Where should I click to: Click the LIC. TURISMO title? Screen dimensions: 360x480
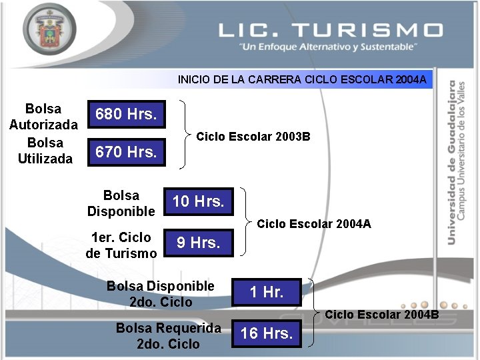330,30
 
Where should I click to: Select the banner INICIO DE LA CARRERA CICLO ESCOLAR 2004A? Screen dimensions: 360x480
302,80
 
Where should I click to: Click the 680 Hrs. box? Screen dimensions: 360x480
126,115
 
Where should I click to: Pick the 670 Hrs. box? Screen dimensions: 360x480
126,152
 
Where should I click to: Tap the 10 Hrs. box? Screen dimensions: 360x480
198,201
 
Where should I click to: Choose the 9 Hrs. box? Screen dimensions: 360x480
198,243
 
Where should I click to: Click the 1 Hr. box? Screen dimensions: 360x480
267,292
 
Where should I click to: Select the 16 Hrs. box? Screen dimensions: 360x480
267,334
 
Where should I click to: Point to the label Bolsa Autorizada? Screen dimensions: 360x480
43,117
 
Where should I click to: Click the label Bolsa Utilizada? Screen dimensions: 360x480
45,151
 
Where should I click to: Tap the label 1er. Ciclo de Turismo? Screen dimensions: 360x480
121,245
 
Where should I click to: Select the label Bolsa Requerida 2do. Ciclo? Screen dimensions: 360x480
168,336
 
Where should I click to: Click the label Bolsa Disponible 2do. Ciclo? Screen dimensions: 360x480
161,294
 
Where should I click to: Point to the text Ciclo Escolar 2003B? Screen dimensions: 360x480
253,137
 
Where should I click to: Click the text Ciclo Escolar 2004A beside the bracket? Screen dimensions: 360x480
314,224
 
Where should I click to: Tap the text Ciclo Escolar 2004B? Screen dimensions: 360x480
382,314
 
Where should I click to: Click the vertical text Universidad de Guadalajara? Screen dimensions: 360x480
453,163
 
